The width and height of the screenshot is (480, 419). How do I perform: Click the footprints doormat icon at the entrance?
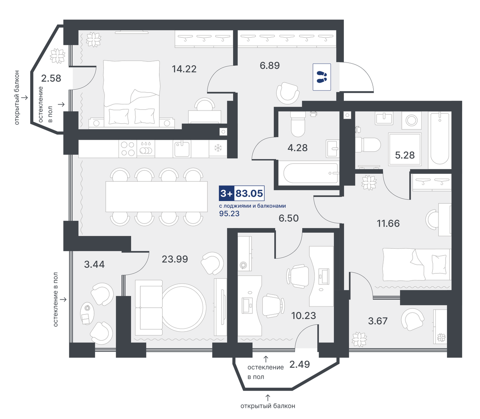(322, 77)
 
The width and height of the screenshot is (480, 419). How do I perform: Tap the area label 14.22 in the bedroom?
(184, 69)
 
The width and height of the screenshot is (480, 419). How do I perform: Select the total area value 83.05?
(249, 194)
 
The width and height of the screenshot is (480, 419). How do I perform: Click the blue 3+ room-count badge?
(227, 194)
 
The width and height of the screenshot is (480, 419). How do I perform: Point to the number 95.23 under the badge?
(229, 214)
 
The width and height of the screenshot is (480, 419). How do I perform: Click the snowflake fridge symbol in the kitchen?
(218, 148)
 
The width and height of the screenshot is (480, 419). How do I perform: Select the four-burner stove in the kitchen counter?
(128, 149)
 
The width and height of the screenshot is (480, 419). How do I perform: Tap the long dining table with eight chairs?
(156, 196)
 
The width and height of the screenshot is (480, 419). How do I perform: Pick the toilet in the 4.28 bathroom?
(298, 124)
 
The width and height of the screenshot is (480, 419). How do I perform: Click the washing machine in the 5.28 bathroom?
(411, 120)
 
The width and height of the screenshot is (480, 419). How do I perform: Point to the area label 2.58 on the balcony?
(51, 78)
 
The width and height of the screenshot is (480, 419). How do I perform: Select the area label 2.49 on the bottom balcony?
(300, 364)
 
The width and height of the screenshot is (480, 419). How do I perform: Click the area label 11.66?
(388, 223)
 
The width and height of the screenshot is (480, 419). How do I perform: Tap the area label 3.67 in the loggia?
(378, 321)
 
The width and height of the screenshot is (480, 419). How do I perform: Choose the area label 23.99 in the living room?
(175, 259)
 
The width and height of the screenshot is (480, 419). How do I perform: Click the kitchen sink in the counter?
(182, 149)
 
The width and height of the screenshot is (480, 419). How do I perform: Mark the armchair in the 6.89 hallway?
(288, 93)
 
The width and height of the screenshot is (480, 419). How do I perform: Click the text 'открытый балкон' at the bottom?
(268, 406)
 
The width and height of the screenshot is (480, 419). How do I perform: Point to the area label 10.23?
(303, 315)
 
